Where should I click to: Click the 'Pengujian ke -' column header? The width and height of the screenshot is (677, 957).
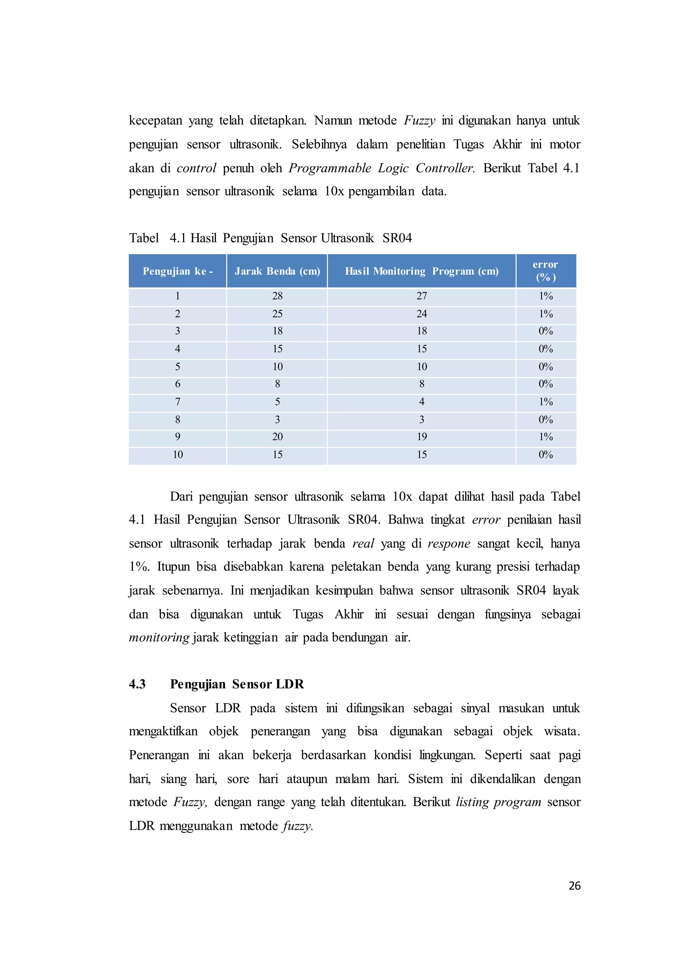(x=178, y=271)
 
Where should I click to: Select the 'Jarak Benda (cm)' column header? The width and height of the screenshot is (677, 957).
(x=277, y=271)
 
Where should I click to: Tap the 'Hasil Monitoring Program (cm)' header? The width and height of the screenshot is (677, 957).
(x=421, y=271)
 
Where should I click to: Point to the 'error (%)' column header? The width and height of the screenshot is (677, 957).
(x=545, y=271)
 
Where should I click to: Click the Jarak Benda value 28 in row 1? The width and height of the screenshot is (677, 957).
(x=277, y=296)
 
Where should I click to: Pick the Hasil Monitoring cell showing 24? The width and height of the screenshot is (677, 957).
(x=421, y=314)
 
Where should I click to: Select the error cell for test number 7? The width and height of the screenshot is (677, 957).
(x=545, y=402)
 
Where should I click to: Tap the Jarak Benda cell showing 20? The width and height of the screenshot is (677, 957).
(x=277, y=437)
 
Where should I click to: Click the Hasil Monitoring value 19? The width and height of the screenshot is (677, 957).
(x=421, y=437)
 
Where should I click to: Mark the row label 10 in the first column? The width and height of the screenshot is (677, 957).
(x=178, y=455)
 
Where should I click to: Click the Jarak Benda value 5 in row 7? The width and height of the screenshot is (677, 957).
(x=277, y=402)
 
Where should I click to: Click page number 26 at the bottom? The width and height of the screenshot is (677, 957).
(x=574, y=886)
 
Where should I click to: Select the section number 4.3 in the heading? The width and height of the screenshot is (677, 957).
(x=137, y=684)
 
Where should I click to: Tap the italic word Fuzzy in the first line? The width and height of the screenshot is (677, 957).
(x=419, y=121)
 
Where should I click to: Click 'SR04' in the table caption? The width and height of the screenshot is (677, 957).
(x=397, y=238)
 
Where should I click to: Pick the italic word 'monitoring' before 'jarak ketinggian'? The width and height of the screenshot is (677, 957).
(x=159, y=637)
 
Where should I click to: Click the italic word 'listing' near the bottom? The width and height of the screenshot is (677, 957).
(x=472, y=802)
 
